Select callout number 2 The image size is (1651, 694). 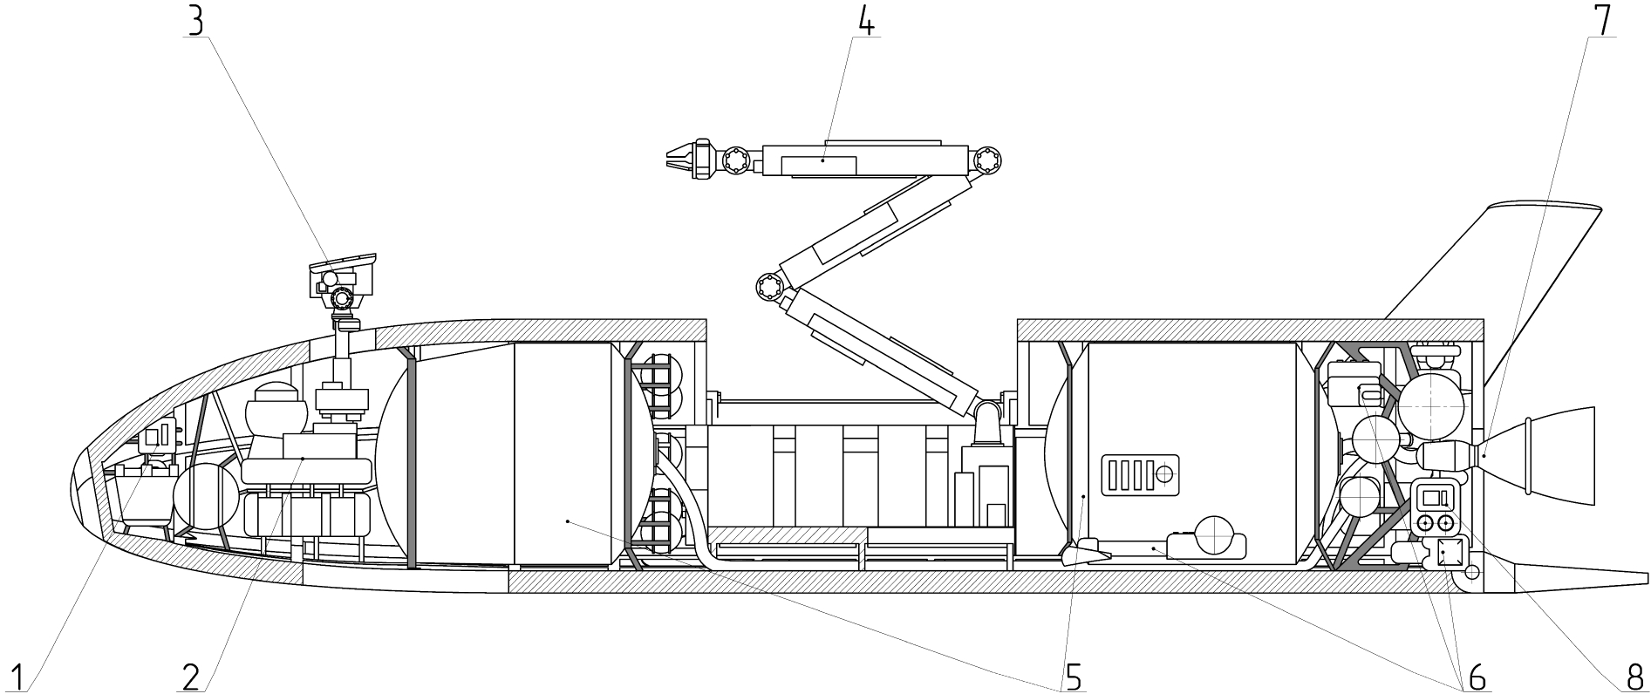click(x=193, y=673)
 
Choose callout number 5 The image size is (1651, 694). click(x=1072, y=673)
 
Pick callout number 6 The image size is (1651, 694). click(x=1475, y=673)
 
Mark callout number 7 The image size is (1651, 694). click(x=1601, y=19)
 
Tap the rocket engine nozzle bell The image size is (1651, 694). click(x=1542, y=455)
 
